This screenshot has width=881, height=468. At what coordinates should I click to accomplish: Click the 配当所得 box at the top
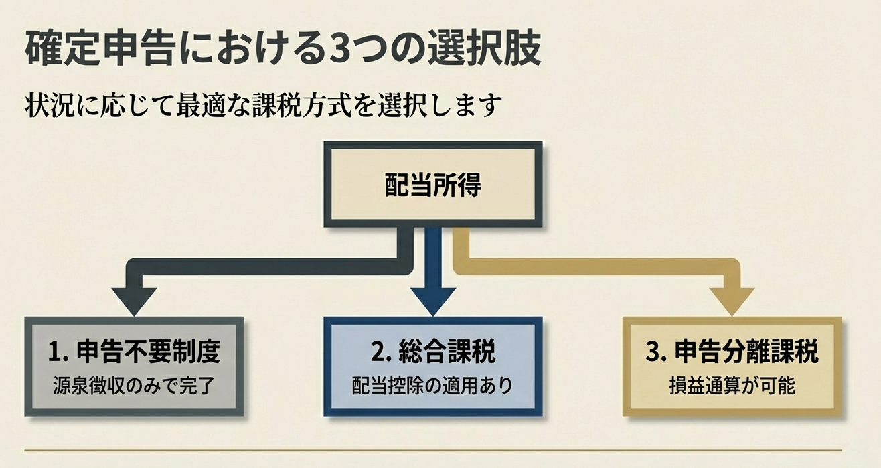pos(432,185)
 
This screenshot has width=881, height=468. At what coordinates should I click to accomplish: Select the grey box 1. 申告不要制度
pos(134,366)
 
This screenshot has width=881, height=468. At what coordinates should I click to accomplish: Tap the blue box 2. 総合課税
pos(432,366)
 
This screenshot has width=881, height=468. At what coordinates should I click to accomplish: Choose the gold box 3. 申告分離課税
pos(732,366)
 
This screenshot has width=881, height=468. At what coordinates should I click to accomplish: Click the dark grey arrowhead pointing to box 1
pos(134,300)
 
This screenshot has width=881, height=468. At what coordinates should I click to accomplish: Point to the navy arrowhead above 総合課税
pos(433,300)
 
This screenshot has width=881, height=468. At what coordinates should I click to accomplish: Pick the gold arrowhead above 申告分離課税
pos(732,300)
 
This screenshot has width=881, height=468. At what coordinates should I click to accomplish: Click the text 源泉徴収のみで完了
pos(134,386)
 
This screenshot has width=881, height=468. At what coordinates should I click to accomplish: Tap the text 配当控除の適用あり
pos(432,386)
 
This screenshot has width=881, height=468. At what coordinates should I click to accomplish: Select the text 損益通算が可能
pos(732,386)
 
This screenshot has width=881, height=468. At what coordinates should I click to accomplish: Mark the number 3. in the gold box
pos(656,352)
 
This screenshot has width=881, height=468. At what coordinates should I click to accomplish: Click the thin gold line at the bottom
pos(432,449)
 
